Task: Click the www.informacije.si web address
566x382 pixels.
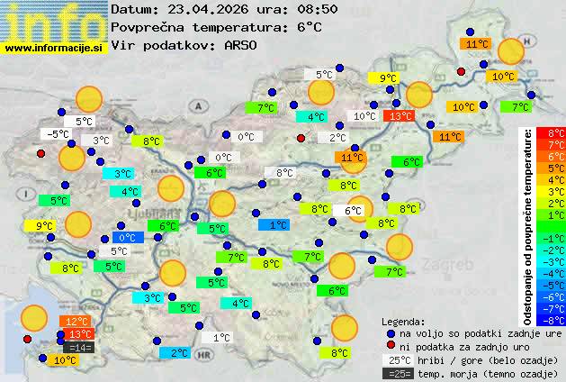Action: (53, 49)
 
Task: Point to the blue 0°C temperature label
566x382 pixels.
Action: (128, 238)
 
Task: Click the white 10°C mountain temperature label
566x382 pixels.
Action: (364, 116)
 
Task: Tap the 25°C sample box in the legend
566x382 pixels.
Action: (395, 359)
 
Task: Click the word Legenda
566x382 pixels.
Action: (404, 321)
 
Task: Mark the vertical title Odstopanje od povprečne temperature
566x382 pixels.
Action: (530, 225)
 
